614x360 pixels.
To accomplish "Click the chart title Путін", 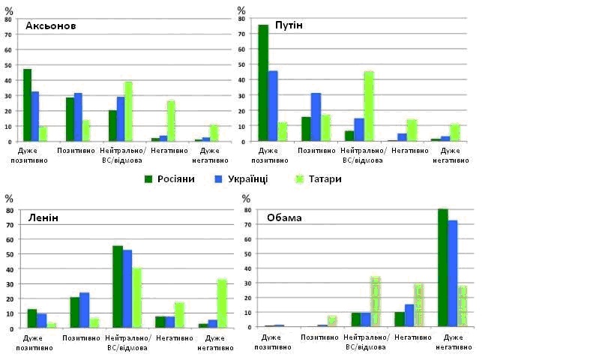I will [289, 25].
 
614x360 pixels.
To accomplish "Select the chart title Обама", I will [284, 218].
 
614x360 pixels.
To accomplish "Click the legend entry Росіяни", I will [170, 179].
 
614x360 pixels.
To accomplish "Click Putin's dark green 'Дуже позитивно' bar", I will [263, 83].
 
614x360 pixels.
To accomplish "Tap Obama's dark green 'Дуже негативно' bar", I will [442, 268].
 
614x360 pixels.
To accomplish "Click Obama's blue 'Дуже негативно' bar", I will [453, 274].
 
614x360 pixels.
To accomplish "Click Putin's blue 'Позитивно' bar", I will [316, 117].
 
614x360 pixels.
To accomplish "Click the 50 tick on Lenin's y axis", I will [10, 254].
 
